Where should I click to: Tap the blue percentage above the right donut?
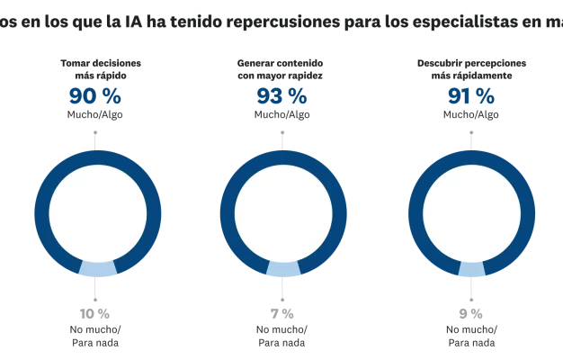click(x=469, y=96)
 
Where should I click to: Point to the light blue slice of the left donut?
click(x=97, y=270)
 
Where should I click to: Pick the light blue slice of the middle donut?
click(x=284, y=270)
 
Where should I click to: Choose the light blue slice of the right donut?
click(x=471, y=270)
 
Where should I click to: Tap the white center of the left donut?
click(x=97, y=212)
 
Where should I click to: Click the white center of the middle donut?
click(x=284, y=212)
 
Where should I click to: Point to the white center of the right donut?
click(x=471, y=212)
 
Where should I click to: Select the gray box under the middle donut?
click(x=282, y=312)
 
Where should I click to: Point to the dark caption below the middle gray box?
click(x=284, y=337)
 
